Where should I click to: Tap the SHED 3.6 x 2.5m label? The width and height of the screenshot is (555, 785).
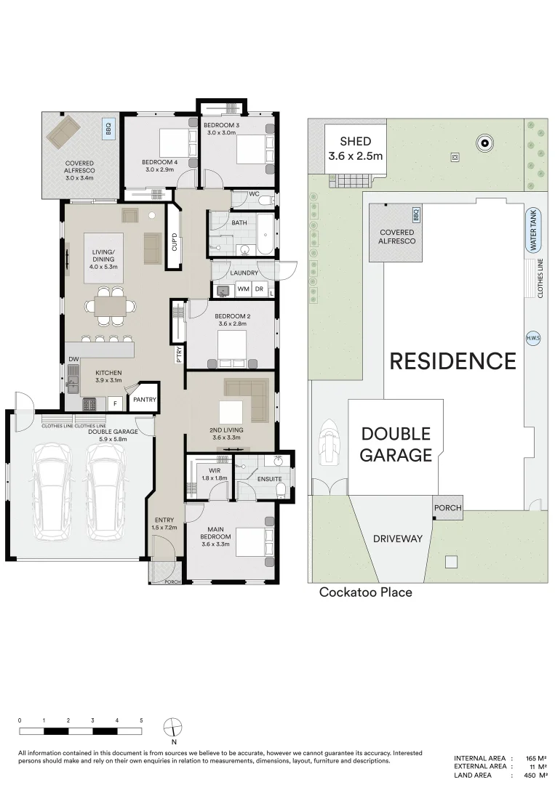[355, 149]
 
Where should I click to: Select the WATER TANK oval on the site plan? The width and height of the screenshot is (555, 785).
[533, 230]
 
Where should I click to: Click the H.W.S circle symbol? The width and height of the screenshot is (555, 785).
[533, 339]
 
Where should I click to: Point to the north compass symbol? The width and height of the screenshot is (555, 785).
[173, 726]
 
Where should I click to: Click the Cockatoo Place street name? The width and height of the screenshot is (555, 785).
[366, 592]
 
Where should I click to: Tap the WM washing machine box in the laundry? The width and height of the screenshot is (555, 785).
[243, 289]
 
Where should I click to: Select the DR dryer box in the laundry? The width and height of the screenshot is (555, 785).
[259, 289]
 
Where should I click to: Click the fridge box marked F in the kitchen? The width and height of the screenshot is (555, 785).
[115, 403]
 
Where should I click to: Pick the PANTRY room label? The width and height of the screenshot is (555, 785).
[145, 400]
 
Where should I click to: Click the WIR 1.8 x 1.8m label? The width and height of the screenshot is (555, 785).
[215, 474]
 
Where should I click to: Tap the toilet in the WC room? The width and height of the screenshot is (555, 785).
[266, 201]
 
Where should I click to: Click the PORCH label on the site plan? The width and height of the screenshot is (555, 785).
[448, 507]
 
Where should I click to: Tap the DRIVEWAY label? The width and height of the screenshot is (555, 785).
[398, 539]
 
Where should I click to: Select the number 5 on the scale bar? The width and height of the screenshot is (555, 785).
[141, 720]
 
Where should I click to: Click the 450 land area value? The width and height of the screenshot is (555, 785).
[530, 776]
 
